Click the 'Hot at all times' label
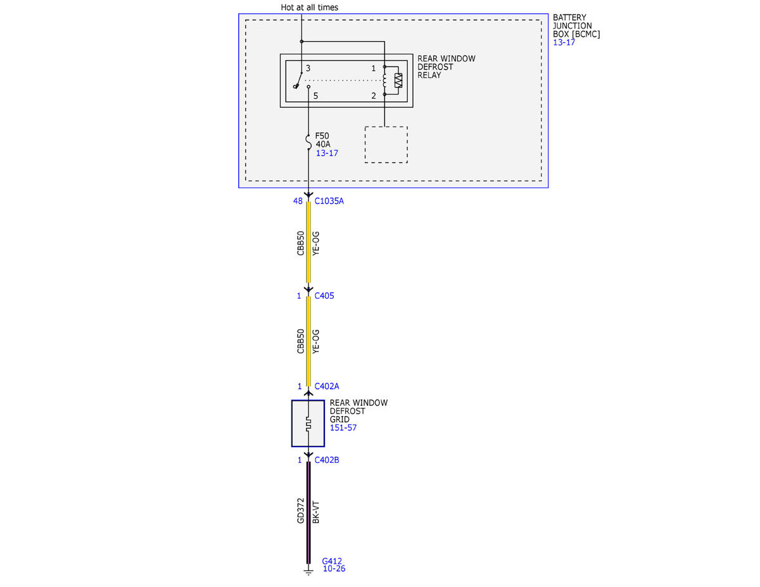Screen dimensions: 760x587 tap(309, 8)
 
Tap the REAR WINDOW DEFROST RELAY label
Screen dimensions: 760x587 tap(446, 66)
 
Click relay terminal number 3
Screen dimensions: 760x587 tap(308, 68)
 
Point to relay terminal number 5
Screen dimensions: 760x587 tap(315, 96)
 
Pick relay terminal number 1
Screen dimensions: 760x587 tap(373, 68)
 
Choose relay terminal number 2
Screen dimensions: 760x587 tap(374, 96)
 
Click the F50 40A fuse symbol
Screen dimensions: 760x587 tap(308, 142)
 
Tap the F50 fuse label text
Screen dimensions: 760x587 tap(322, 136)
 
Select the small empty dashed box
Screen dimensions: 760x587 tap(386, 145)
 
